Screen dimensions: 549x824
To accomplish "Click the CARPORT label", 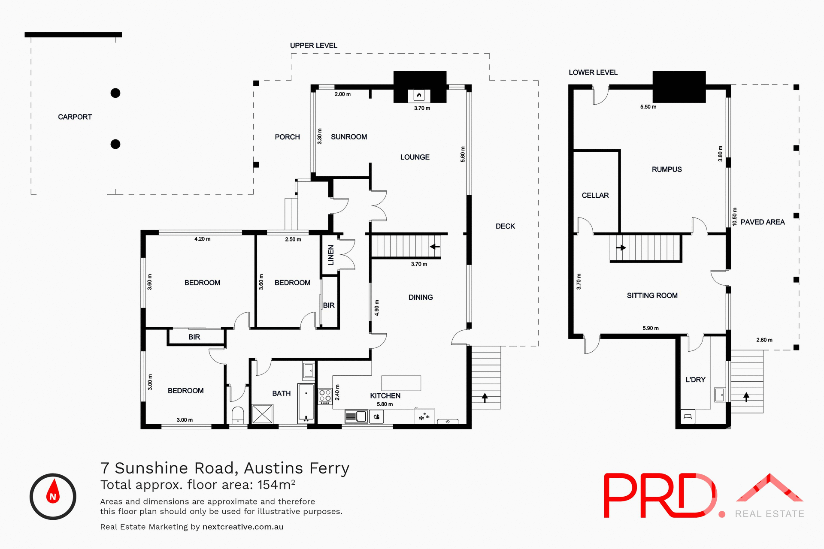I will tap(75, 117).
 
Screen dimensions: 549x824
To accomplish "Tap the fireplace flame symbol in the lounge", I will tap(419, 95).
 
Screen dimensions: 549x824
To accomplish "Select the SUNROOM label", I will tap(349, 137).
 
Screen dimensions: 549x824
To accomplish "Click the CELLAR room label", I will tap(595, 196).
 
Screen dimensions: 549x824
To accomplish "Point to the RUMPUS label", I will tap(666, 169).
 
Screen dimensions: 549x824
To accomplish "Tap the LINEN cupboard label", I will tap(331, 255).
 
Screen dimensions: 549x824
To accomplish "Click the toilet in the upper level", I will tap(238, 415).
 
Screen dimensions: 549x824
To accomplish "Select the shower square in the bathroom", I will tap(262, 414).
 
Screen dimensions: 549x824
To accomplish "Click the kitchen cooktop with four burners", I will tap(325, 396).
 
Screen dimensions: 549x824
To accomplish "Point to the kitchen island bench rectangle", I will tap(401, 383).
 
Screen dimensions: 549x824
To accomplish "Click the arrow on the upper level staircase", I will tap(435, 247).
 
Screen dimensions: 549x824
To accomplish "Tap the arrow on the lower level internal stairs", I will tap(621, 247).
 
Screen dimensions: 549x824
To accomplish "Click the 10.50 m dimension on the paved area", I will tap(734, 217).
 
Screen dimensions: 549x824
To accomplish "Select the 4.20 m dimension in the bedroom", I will tap(202, 239).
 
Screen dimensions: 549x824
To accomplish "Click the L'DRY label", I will tap(695, 380).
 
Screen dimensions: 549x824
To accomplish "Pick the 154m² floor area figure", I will tap(276, 485).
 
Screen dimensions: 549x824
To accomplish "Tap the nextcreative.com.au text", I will tap(243, 527).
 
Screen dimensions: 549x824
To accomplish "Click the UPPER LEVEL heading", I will tap(313, 45).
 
